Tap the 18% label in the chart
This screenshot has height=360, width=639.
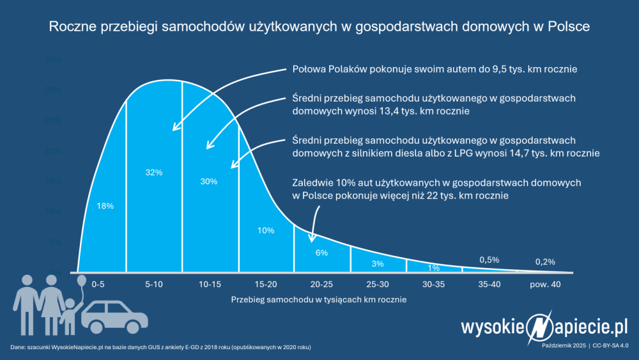tap(105, 206)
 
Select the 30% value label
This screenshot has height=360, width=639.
tap(209, 181)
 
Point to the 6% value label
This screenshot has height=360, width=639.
tap(321, 253)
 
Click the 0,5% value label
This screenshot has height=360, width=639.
tap(489, 260)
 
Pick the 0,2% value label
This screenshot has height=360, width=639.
tap(545, 261)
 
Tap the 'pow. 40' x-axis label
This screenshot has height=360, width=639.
tap(545, 283)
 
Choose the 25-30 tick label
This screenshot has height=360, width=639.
tap(378, 283)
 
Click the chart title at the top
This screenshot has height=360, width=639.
tap(319, 27)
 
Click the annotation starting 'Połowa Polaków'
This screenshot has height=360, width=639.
tap(435, 69)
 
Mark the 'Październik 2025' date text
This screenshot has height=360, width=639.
tap(563, 345)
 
